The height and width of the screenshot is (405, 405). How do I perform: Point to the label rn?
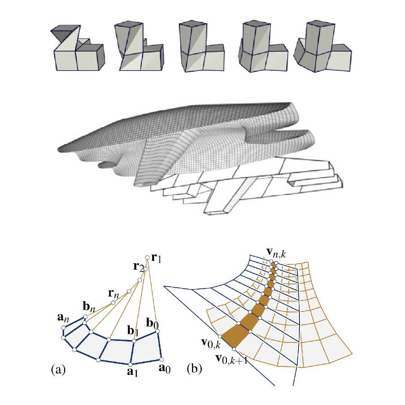pos(115,294)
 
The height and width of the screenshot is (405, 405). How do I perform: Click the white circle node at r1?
pos(148,257)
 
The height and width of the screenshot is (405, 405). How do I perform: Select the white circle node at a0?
pos(161,358)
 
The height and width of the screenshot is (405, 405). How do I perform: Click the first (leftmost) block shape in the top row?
pos(77,48)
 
